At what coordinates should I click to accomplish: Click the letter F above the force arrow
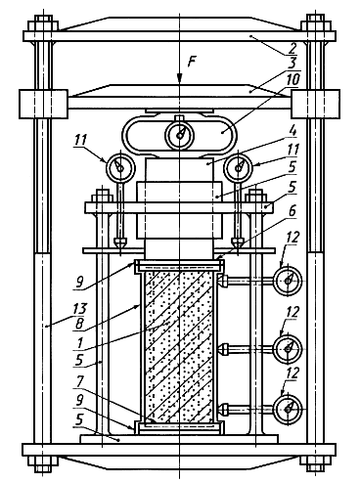point(192,61)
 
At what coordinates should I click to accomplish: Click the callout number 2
point(292,48)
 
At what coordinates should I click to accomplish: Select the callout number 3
point(293,63)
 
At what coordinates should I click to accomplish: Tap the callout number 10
point(292,79)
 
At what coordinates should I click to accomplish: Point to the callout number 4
point(292,132)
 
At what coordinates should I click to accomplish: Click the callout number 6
point(292,211)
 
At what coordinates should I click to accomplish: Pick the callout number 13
point(79,308)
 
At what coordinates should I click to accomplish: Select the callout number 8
point(79,324)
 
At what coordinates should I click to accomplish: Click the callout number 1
point(80,343)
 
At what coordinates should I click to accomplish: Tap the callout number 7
point(80,383)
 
